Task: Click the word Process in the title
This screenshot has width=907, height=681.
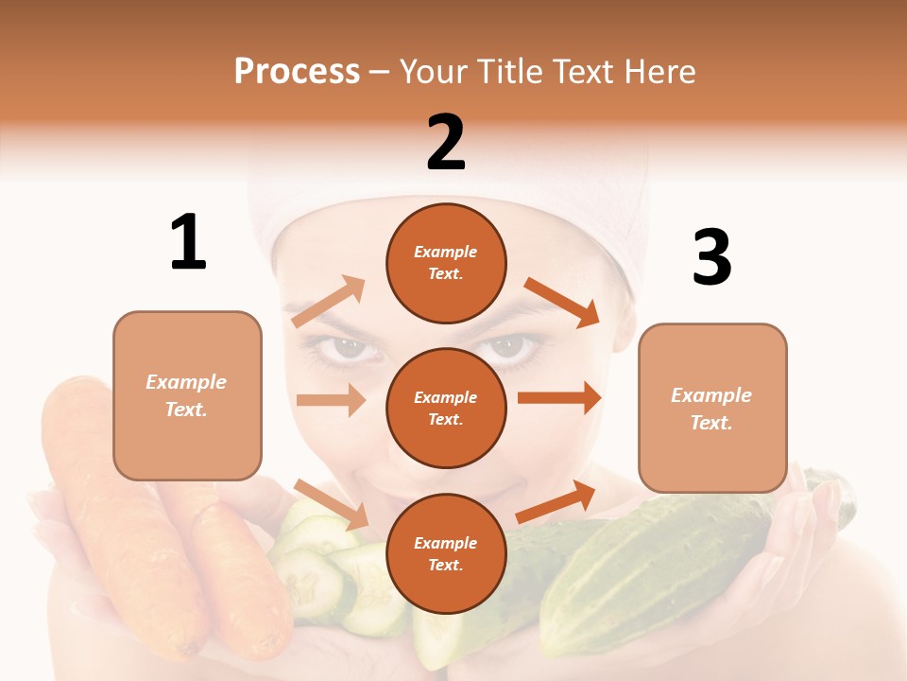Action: pos(297,71)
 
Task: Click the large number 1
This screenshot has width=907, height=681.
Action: pos(188,242)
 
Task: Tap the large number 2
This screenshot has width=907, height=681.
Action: pos(446,143)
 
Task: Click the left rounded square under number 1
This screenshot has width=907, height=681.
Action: pos(187,395)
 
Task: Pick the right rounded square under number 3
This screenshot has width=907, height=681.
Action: pos(712,408)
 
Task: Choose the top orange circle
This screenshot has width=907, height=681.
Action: pos(446,263)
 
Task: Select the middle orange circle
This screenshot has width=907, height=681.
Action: pos(446,408)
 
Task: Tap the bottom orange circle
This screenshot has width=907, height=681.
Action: pos(446,553)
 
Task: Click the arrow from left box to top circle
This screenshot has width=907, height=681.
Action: pos(329,301)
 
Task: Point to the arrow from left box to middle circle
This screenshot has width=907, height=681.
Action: pos(331,400)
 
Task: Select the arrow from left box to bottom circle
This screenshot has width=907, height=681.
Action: pos(331,503)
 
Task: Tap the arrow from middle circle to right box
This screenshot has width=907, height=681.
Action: pos(559,397)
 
